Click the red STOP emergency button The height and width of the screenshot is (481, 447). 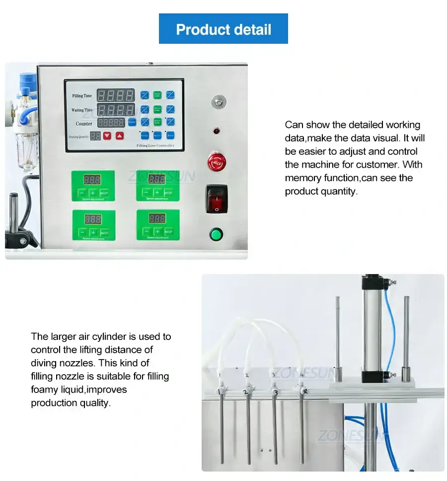(x=216, y=162)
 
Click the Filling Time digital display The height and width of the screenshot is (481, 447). (x=115, y=95)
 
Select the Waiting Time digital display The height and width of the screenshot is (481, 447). (x=115, y=109)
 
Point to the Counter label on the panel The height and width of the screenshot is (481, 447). (x=84, y=123)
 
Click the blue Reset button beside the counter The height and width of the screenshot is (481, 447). (x=132, y=122)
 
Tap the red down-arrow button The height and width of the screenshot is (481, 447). (x=107, y=135)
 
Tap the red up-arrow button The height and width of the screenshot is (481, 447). (x=120, y=135)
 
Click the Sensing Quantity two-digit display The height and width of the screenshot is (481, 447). (x=95, y=135)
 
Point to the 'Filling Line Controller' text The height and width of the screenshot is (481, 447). (x=155, y=146)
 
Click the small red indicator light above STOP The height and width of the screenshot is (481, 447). (x=216, y=131)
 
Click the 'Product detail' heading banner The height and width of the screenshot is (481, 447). (x=223, y=29)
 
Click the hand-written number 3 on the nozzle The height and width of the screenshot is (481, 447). (x=275, y=392)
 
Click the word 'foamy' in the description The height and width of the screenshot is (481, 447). (x=44, y=389)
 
